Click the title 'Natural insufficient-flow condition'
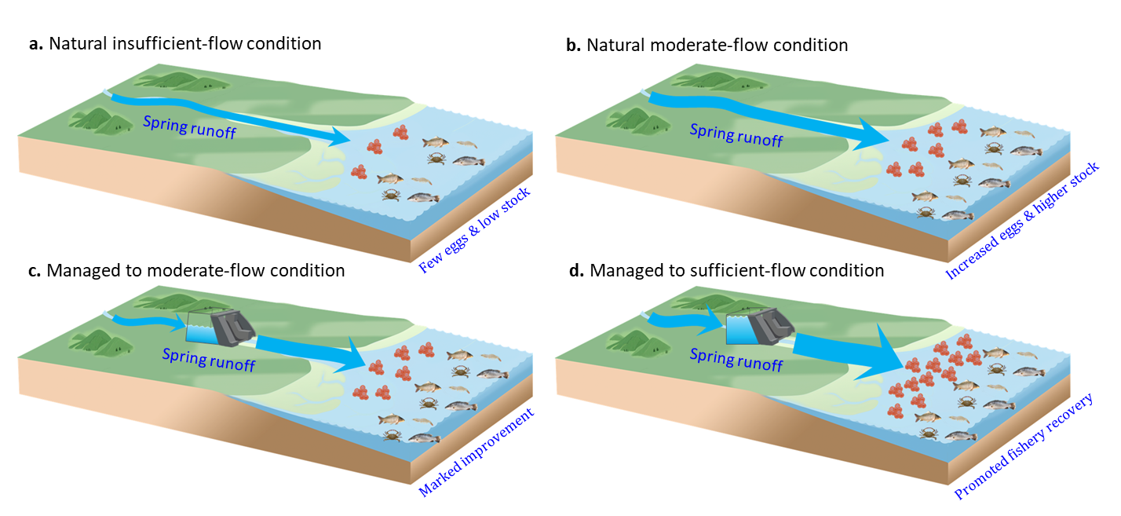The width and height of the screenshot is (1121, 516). [x=184, y=44]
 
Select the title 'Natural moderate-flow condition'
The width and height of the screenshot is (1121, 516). [x=718, y=46]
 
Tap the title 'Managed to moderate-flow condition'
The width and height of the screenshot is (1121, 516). [x=195, y=271]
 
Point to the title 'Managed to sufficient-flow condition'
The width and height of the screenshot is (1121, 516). [x=736, y=271]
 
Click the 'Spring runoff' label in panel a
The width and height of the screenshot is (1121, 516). [x=190, y=126]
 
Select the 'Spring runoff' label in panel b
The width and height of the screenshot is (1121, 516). [x=736, y=135]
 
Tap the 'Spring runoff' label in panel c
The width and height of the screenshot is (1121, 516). [x=209, y=360]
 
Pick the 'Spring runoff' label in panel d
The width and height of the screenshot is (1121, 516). [x=736, y=360]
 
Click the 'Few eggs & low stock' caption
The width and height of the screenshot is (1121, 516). [x=474, y=229]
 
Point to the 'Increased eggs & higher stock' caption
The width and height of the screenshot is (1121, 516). [x=1022, y=220]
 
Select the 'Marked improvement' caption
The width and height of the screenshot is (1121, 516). [x=476, y=452]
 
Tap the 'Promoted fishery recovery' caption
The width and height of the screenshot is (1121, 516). [x=1024, y=446]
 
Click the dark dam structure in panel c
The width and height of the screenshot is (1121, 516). [x=232, y=328]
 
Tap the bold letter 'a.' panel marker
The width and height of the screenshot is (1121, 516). [x=36, y=44]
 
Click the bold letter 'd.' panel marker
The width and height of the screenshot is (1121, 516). [x=577, y=271]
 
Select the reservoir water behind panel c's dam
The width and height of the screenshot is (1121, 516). [x=202, y=333]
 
